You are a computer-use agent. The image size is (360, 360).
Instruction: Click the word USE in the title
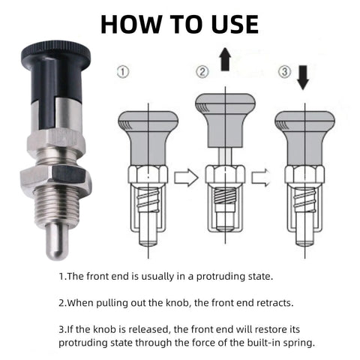pyautogui.click(x=228, y=22)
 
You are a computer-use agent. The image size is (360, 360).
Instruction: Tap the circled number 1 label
pyautogui.click(x=124, y=73)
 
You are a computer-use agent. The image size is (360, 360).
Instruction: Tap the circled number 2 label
pyautogui.click(x=202, y=72)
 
